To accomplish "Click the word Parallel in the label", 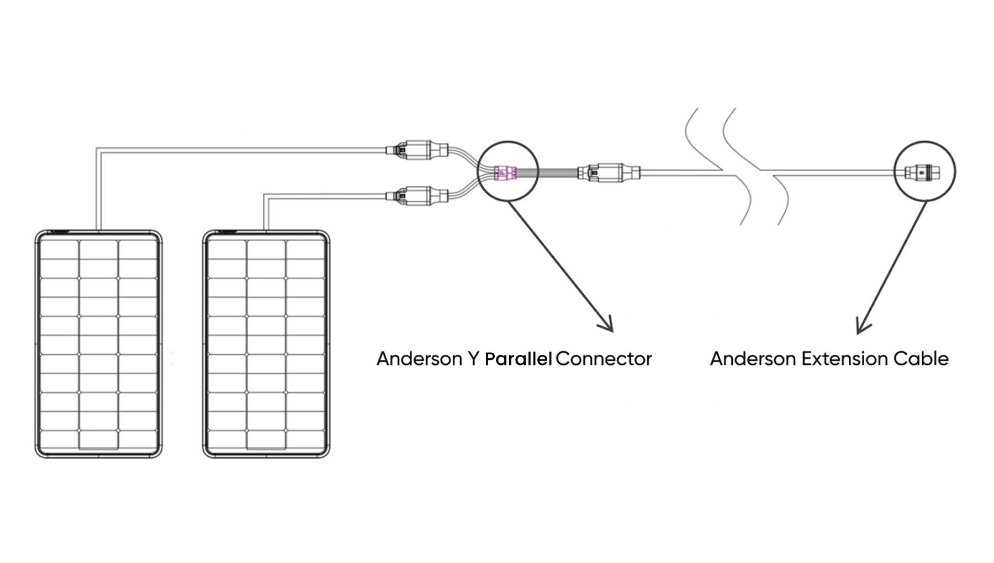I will [518, 359].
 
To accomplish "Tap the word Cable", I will [921, 359].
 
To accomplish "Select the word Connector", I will [603, 359].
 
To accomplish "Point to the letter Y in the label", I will [473, 359].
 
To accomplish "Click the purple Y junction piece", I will [505, 173].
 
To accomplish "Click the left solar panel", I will [98, 344].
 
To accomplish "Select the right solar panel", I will [266, 344].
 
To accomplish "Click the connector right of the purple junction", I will [608, 172].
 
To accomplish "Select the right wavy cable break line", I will [757, 166].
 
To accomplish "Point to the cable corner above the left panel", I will [98, 148].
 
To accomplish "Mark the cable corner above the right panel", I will [265, 195].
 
